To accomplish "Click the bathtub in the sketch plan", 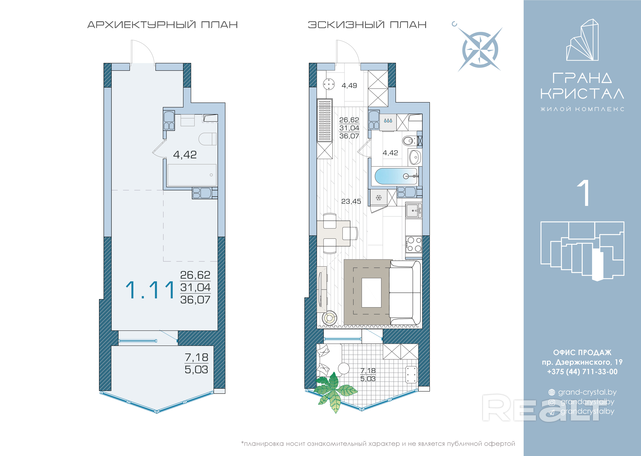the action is click(x=396, y=176).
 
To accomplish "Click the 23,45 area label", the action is click(x=351, y=201).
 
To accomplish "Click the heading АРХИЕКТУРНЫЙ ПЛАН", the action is click(x=163, y=25).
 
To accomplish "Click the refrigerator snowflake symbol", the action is click(x=379, y=198).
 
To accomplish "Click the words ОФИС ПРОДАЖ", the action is click(x=582, y=352).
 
